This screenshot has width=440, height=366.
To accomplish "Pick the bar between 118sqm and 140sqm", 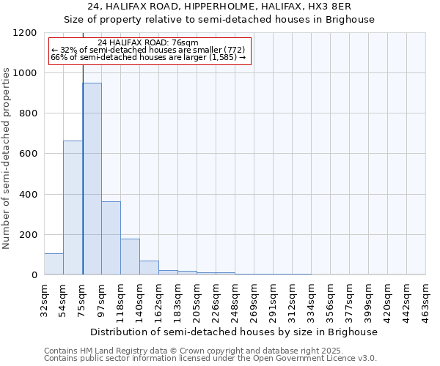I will click(x=130, y=256).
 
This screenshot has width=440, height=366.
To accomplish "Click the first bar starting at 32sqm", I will click(x=54, y=264).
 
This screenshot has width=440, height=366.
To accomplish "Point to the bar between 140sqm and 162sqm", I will click(x=149, y=267).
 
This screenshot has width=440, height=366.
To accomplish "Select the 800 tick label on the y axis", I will click(x=28, y=113).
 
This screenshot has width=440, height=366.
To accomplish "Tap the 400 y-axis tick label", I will click(x=28, y=194).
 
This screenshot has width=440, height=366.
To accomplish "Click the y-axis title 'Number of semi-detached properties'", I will click(x=7, y=154).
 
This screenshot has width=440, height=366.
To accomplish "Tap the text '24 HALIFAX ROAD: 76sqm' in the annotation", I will click(x=147, y=42).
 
